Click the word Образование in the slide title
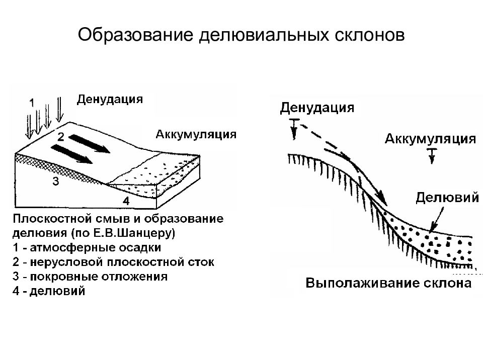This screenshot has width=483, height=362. pos(135,35)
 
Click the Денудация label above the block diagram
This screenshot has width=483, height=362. pos(110,100)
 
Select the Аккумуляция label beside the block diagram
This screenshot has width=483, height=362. pos(196,134)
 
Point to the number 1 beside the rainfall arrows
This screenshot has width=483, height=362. pos(32,103)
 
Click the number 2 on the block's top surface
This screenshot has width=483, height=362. pos(61,137)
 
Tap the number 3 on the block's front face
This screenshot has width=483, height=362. pos(55,182)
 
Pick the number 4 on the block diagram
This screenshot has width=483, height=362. pos(126,201)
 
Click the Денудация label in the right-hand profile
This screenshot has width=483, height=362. pos(317,108)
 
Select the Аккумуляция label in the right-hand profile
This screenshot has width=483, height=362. pos(430,139)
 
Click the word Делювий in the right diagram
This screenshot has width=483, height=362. pos(447,198)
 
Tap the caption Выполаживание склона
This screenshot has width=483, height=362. pos(388,283)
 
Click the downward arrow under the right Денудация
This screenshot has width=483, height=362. pos(294,129)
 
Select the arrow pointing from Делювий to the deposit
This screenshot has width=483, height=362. pos(437,220)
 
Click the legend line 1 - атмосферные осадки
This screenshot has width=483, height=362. pos(87,247)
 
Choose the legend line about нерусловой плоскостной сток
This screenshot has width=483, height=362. pos(113,262)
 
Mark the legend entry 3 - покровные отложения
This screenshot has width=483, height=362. pos(90,277)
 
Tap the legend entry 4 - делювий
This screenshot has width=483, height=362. pos(49,291)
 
